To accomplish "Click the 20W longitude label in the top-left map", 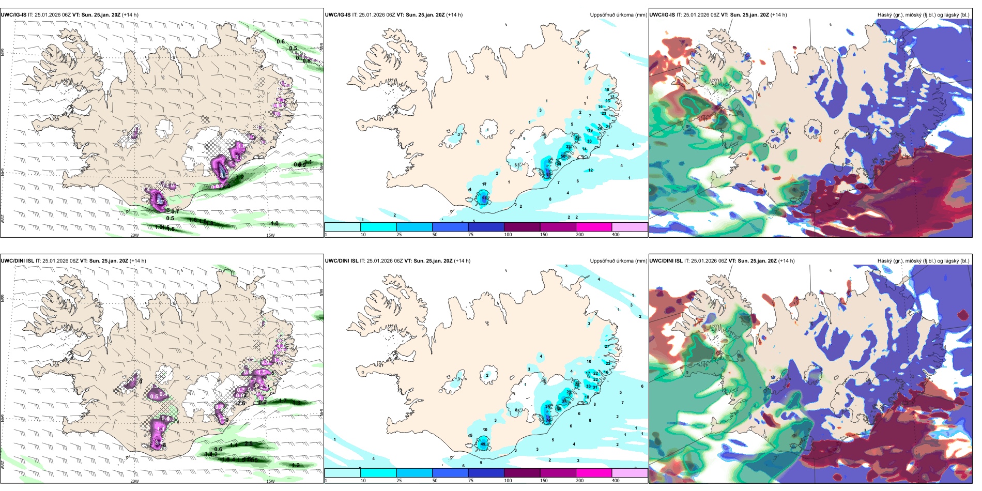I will (134, 235).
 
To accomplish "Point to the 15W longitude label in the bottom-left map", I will (270, 481).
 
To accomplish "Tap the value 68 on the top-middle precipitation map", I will (484, 197).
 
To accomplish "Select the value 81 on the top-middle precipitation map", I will (548, 174).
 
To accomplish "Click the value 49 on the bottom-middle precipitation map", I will (483, 444).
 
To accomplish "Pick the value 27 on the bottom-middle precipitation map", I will (607, 346).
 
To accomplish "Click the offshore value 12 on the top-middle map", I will (590, 170).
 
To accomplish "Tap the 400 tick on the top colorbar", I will (616, 235).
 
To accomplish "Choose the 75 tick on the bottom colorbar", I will (471, 481).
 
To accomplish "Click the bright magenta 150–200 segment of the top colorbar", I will (593, 227).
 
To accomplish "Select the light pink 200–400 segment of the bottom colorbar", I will (629, 472).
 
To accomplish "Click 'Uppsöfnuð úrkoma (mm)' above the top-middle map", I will (618, 15).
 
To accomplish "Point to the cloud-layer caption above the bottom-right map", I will (923, 261).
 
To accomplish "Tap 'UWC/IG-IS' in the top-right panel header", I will (662, 15).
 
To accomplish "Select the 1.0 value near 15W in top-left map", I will (274, 223).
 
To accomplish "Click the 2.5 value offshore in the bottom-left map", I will (249, 443).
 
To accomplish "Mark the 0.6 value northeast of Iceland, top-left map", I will (281, 41).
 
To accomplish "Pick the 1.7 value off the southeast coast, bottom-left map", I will (283, 401).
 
